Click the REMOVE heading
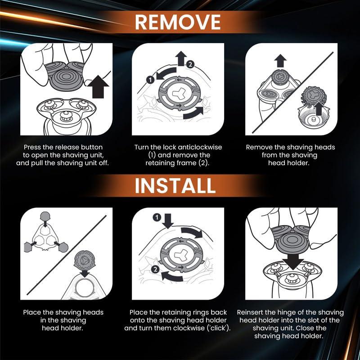(178, 22)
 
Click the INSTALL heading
(175, 185)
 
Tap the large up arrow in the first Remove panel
(98, 86)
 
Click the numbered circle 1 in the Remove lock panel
(150, 80)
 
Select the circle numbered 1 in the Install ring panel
(157, 217)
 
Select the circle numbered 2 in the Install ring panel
(155, 269)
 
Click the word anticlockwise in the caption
(200, 147)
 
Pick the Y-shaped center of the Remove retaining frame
(177, 93)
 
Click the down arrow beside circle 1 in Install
(168, 221)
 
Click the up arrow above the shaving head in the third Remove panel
(280, 61)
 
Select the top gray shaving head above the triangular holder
(45, 216)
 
